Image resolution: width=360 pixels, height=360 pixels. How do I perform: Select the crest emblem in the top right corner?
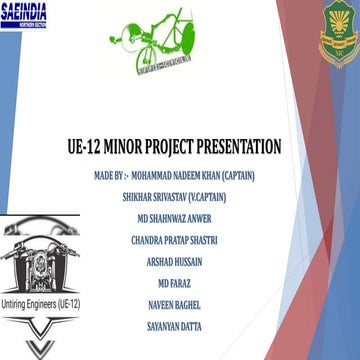pyautogui.click(x=338, y=37)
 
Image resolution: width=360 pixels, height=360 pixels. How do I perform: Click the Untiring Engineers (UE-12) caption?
pyautogui.click(x=41, y=301)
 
